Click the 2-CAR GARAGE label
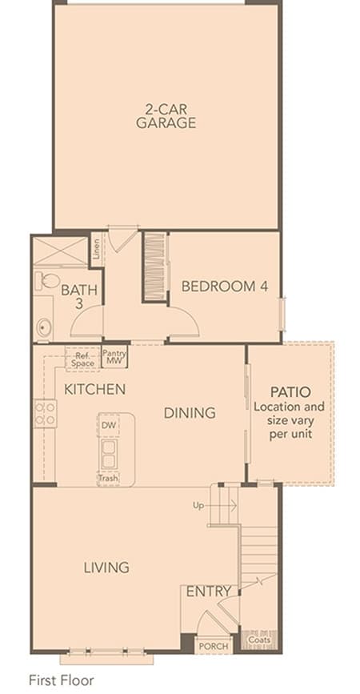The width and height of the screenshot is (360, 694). click(x=166, y=116)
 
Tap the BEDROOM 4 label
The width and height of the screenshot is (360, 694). click(x=225, y=287)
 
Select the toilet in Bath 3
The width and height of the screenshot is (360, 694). click(x=47, y=279)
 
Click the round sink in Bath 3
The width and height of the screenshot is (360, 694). click(x=44, y=327)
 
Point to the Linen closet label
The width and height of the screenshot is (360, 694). click(x=97, y=250)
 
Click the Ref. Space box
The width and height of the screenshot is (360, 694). click(x=82, y=359)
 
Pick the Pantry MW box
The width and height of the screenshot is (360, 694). click(x=114, y=357)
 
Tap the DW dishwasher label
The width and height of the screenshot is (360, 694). click(x=108, y=426)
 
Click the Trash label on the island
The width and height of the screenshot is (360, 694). click(x=108, y=479)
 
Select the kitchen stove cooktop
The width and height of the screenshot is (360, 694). click(x=45, y=413)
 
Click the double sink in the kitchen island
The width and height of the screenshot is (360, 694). click(x=108, y=455)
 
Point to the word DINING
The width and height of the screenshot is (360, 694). click(x=190, y=413)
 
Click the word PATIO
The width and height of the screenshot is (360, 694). click(x=290, y=391)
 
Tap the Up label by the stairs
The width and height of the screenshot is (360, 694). click(x=198, y=505)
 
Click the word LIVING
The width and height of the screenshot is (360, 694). click(x=106, y=568)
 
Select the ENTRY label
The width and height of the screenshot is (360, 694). click(x=209, y=592)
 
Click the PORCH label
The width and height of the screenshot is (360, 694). click(x=214, y=646)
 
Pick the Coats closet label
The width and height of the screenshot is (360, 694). click(x=259, y=640)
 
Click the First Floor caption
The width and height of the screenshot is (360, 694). click(x=62, y=680)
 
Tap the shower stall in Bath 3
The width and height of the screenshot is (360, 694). click(x=61, y=251)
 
